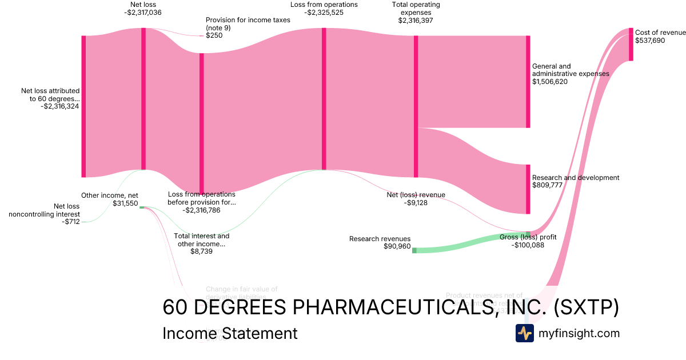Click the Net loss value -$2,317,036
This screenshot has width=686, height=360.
coord(142,13)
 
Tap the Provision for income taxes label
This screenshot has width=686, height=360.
coord(248,23)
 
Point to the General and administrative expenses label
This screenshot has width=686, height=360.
coord(570,70)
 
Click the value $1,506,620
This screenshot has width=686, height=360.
coord(550,82)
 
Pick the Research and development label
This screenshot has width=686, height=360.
coord(575,178)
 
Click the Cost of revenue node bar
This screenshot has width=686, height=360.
coord(631,44)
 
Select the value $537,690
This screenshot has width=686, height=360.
coord(650,41)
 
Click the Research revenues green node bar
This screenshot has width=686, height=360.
coord(414,250)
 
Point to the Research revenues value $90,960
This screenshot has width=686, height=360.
coord(397,246)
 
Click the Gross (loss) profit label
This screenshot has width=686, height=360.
coord(528,237)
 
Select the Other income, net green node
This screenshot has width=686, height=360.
coord(142,207)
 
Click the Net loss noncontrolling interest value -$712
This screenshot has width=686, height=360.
coord(70,222)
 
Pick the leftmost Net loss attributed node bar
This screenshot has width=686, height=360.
coord(83,106)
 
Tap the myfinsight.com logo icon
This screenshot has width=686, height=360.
coord(524,333)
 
